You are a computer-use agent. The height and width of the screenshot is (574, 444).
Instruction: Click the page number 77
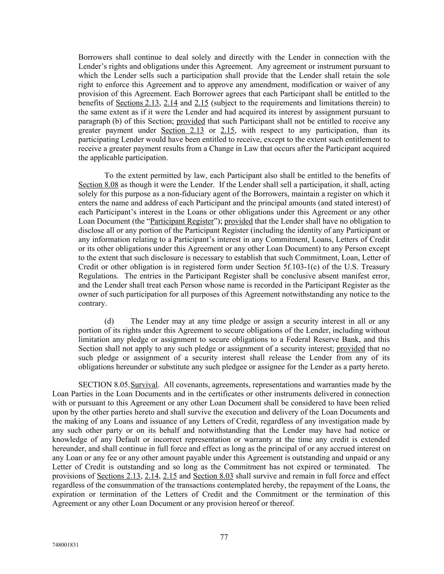[x=224, y=537]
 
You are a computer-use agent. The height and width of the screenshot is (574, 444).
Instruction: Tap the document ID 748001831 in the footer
[x=66, y=545]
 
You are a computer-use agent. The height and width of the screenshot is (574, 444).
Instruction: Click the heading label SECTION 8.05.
[x=104, y=385]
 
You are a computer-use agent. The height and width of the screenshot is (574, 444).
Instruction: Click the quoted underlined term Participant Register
[x=182, y=221]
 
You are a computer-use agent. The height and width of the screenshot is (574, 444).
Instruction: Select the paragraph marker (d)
[x=109, y=321]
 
